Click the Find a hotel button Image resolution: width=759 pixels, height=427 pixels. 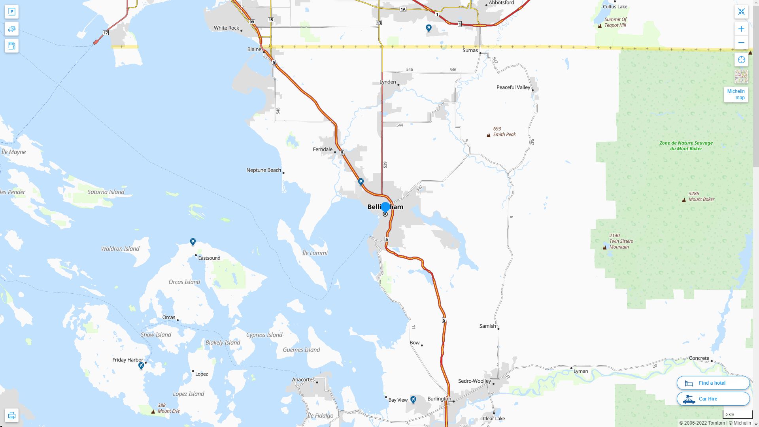[x=713, y=383]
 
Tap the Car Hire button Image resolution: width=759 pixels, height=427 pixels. [x=713, y=399]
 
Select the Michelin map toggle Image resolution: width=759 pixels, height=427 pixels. [x=736, y=94]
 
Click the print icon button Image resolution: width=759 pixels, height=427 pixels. [x=11, y=415]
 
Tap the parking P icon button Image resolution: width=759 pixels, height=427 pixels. [x=11, y=11]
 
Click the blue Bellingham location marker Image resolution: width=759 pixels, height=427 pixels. [x=385, y=207]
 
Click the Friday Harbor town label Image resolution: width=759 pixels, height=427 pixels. [x=128, y=360]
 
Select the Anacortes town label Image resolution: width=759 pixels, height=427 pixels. [x=303, y=380]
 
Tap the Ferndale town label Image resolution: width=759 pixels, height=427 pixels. [x=323, y=149]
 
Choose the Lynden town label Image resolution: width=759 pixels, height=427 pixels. [x=387, y=82]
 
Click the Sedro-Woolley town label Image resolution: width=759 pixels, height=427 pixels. [x=474, y=381]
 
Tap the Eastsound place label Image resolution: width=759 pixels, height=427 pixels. [x=209, y=258]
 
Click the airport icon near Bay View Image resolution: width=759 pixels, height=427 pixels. [x=413, y=399]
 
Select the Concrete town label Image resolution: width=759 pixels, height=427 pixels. [x=699, y=358]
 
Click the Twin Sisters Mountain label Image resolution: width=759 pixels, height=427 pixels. [x=621, y=241]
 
